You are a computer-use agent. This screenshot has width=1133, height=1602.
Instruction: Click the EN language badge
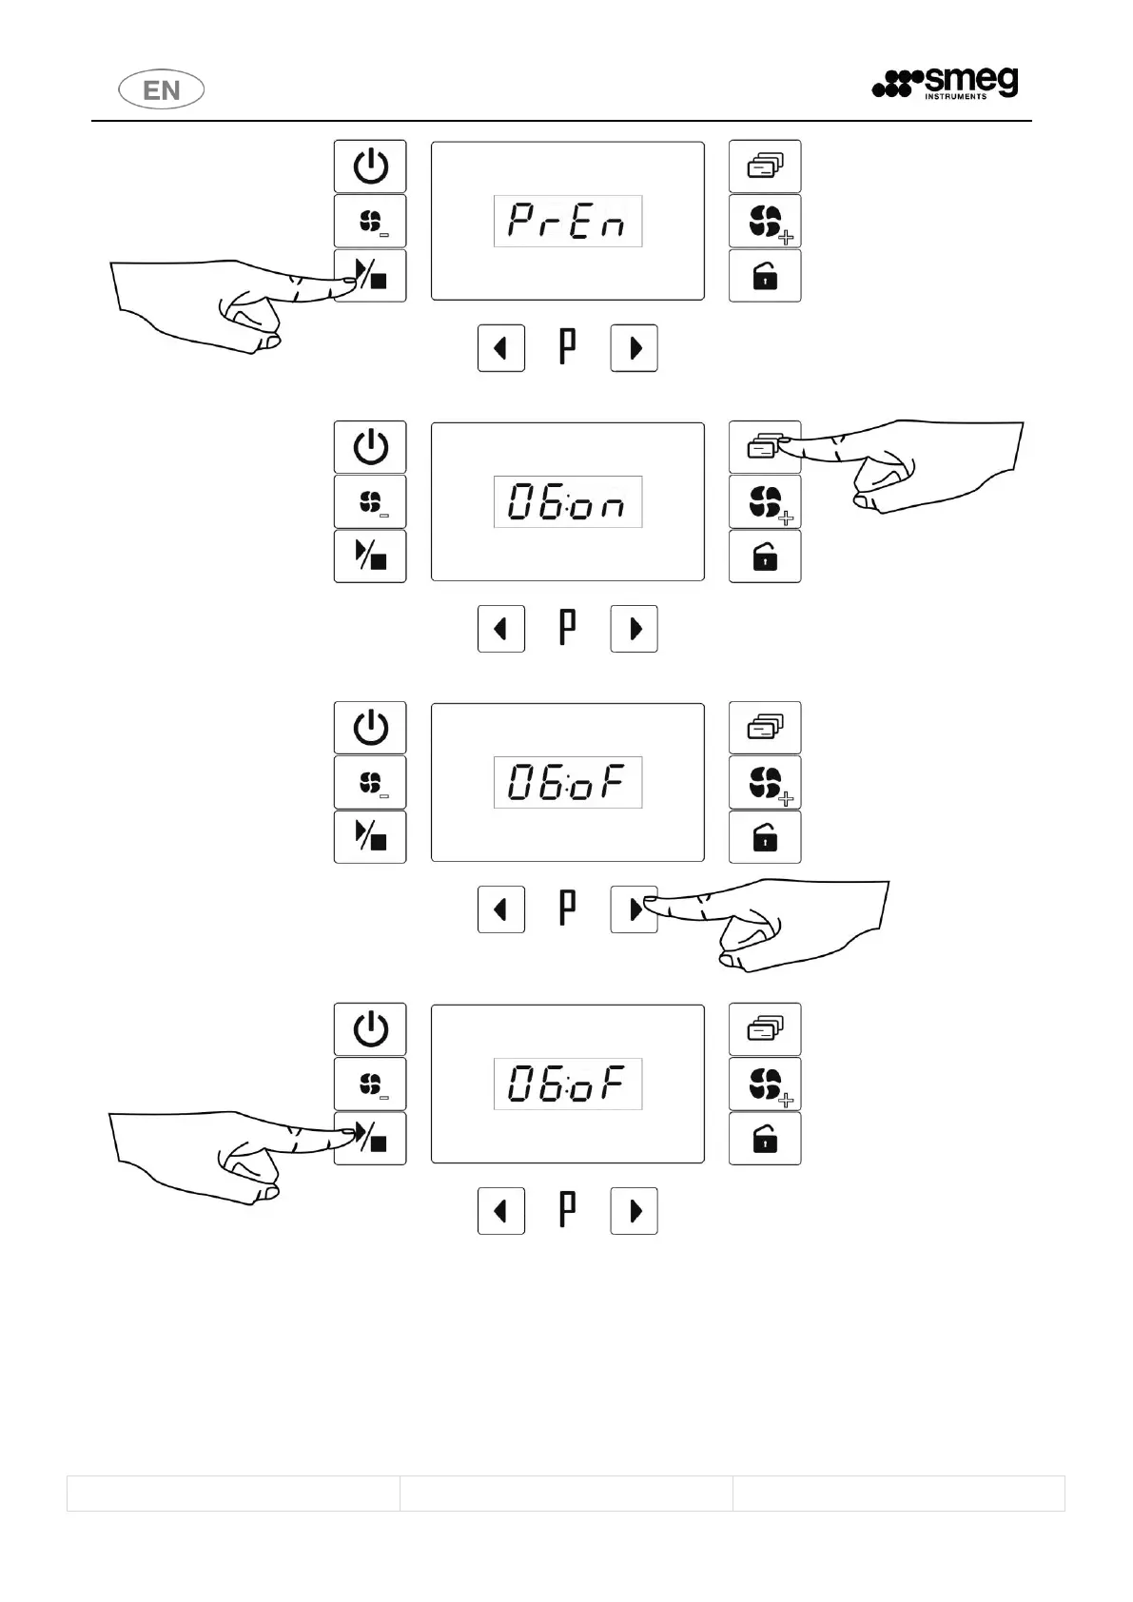pyautogui.click(x=162, y=90)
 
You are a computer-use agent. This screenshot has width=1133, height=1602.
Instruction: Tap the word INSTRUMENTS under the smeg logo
pyautogui.click(x=956, y=96)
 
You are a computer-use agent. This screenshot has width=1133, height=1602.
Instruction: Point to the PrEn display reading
pyautogui.click(x=567, y=222)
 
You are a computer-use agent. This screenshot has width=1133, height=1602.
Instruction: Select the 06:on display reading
pyautogui.click(x=567, y=502)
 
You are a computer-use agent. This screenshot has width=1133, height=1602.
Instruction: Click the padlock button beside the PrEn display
pyautogui.click(x=765, y=277)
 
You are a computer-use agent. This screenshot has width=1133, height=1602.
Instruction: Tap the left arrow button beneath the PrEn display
pyautogui.click(x=501, y=348)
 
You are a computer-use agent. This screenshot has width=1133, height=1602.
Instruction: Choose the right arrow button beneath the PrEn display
pyautogui.click(x=634, y=348)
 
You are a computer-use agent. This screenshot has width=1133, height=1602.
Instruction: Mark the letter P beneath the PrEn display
pyautogui.click(x=567, y=347)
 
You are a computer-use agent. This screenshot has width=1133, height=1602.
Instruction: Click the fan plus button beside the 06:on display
pyautogui.click(x=765, y=502)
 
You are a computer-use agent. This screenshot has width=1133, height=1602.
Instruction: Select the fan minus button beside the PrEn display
pyautogui.click(x=370, y=222)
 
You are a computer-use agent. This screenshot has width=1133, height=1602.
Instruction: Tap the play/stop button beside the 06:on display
pyautogui.click(x=370, y=557)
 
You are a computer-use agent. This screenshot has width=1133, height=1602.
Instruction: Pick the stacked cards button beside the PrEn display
pyautogui.click(x=765, y=166)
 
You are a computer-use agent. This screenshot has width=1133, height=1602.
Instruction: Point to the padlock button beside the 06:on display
pyautogui.click(x=765, y=557)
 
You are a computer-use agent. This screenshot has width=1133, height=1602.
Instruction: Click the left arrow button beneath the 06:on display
pyautogui.click(x=501, y=629)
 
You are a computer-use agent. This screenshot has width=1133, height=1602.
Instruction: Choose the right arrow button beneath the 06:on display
pyautogui.click(x=634, y=629)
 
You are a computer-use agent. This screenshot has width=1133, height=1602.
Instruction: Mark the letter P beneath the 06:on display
pyautogui.click(x=567, y=628)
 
